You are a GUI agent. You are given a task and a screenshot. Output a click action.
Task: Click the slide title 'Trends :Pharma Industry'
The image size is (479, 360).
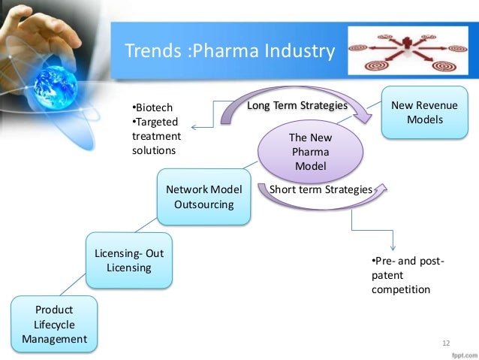point(228,52)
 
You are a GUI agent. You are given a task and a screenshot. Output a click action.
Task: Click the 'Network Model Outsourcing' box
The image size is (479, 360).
point(204,197)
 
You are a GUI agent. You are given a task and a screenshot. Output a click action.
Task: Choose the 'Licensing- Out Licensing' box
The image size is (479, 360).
point(128,261)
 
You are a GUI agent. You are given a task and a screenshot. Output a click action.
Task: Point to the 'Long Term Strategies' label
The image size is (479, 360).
point(297,106)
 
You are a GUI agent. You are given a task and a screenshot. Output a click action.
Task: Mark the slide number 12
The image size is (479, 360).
point(446,343)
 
